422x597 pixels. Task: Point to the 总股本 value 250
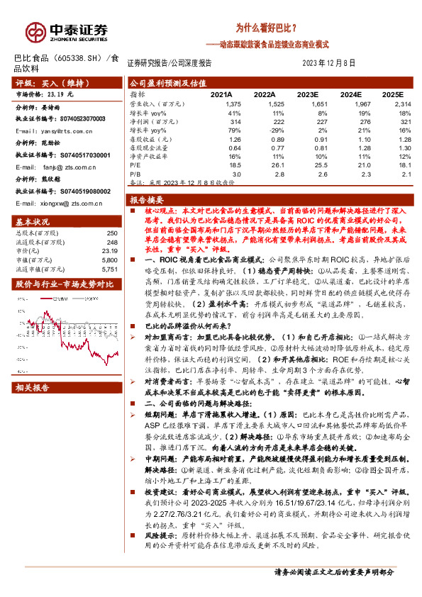pyautogui.click(x=111, y=233)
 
